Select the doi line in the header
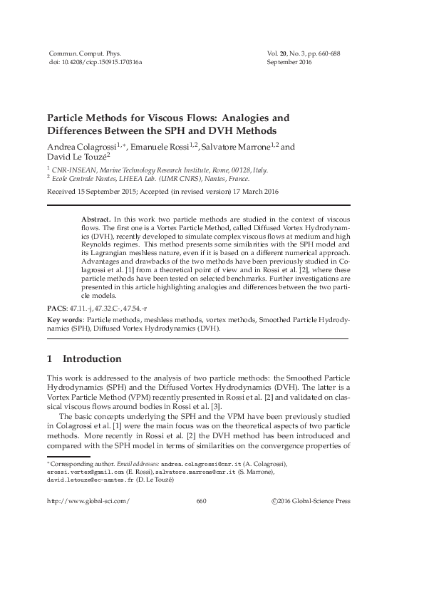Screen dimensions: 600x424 tap(95, 63)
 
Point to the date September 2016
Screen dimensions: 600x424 tap(289, 63)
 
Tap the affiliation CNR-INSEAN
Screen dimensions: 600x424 tap(72, 170)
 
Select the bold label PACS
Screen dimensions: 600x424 tap(56, 308)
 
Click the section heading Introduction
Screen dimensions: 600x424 tap(92, 358)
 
